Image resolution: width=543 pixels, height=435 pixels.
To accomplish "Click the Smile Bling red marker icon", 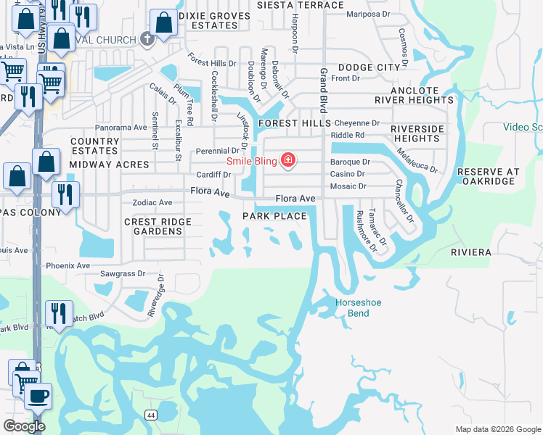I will [x=288, y=160].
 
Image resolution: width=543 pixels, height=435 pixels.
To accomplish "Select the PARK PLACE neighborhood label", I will [x=274, y=216].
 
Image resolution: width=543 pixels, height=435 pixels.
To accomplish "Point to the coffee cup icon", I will [x=38, y=396].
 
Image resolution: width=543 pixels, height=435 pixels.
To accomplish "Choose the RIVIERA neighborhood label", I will [x=471, y=252].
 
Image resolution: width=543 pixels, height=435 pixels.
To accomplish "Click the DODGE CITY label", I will [x=370, y=67].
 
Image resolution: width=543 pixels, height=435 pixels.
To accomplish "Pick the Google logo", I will [x=24, y=426].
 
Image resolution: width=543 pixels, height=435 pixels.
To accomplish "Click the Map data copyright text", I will [x=497, y=429].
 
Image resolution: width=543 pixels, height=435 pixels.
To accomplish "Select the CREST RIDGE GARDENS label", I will [x=158, y=226].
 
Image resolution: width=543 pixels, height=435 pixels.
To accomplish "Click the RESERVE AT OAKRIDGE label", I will [x=488, y=177].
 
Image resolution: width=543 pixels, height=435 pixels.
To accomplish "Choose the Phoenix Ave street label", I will [x=68, y=266].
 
